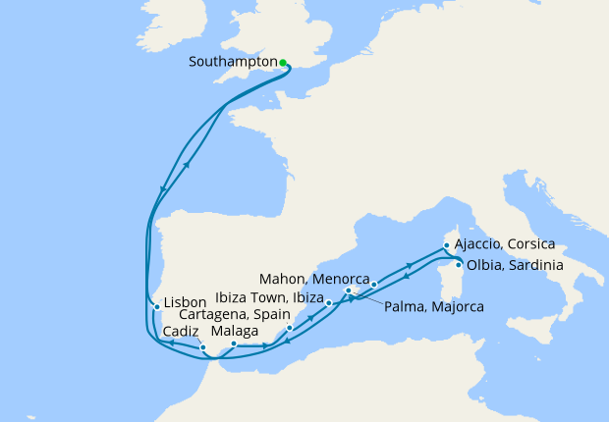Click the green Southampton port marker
pyautogui.click(x=283, y=63)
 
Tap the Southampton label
pyautogui.click(x=232, y=62)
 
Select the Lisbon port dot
pyautogui.click(x=157, y=307)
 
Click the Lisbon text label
pyautogui.click(x=186, y=302)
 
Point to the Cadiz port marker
pyautogui.click(x=202, y=347)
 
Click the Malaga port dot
pyautogui.click(x=234, y=343)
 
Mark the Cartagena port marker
pyautogui.click(x=290, y=327)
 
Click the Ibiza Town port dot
pyautogui.click(x=329, y=304)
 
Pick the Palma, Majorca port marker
pyautogui.click(x=349, y=290)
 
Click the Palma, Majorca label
pyautogui.click(x=433, y=307)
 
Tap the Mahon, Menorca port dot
pyautogui.click(x=374, y=284)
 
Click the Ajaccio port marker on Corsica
pyautogui.click(x=446, y=245)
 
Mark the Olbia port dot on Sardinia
pyautogui.click(x=459, y=264)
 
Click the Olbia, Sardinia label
pyautogui.click(x=516, y=264)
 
